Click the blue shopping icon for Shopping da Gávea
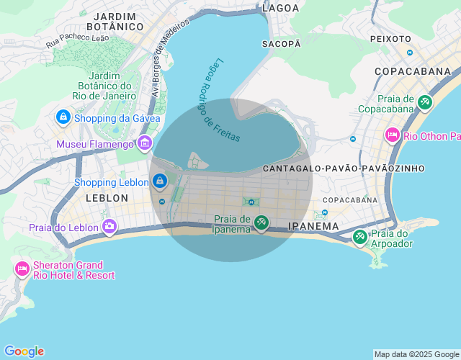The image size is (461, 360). tap(63, 117)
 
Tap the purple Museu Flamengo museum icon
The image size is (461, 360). tap(145, 143)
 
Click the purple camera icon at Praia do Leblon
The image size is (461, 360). tap(109, 227)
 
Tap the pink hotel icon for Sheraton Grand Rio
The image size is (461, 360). tap(22, 269)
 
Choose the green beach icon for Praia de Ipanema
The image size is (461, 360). tap(261, 223)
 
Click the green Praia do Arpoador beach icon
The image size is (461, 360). tap(359, 237)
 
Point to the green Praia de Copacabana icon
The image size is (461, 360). tap(425, 103)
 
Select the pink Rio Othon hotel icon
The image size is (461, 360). tap(393, 135)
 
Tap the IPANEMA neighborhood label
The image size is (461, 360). tap(313, 226)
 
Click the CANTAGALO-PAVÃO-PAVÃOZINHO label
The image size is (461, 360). tap(344, 168)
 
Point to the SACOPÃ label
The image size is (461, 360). tap(282, 44)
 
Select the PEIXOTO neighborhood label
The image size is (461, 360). tap(390, 38)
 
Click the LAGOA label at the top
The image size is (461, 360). tap(281, 8)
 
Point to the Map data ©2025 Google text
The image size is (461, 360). tap(416, 354)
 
